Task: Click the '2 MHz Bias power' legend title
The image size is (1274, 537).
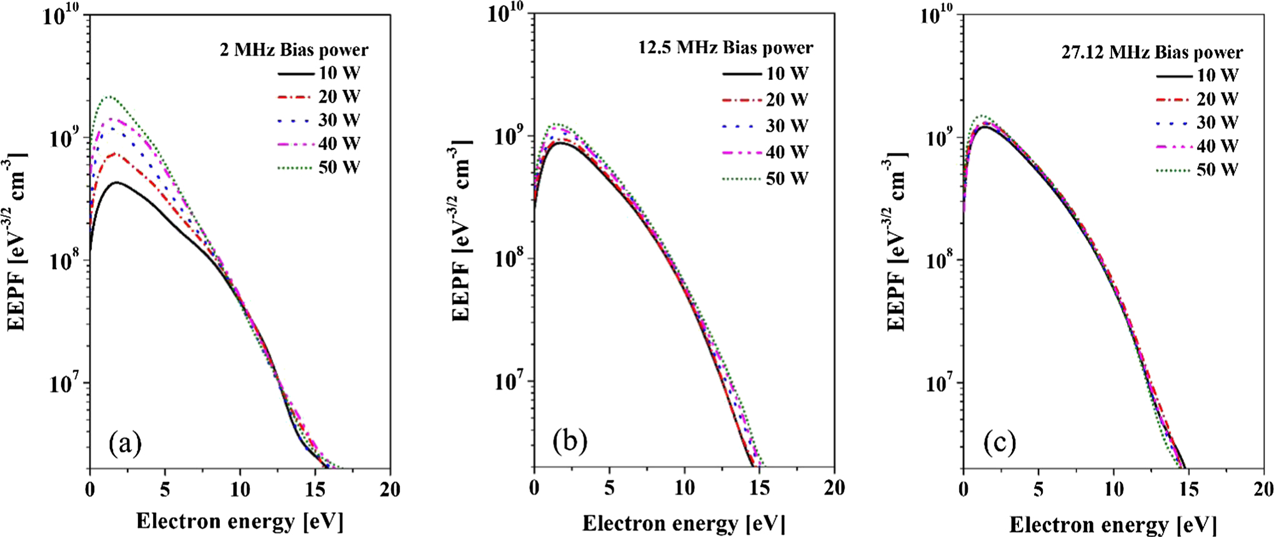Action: point(294,49)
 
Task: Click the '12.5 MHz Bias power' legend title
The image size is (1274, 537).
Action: point(725,47)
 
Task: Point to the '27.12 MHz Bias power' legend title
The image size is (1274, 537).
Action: point(1152,52)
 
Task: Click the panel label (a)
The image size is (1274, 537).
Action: point(125,443)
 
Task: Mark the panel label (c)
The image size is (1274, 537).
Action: point(999,443)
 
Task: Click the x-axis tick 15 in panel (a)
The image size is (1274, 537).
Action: point(315,489)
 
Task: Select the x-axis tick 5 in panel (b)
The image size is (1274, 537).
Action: point(609,487)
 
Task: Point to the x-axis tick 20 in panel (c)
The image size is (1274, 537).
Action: point(1262,489)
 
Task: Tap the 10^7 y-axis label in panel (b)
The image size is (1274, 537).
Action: point(510,381)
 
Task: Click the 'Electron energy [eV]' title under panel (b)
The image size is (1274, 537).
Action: point(684,523)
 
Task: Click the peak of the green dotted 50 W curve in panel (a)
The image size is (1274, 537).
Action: point(109,97)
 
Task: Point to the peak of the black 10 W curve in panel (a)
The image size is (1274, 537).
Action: point(116,182)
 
